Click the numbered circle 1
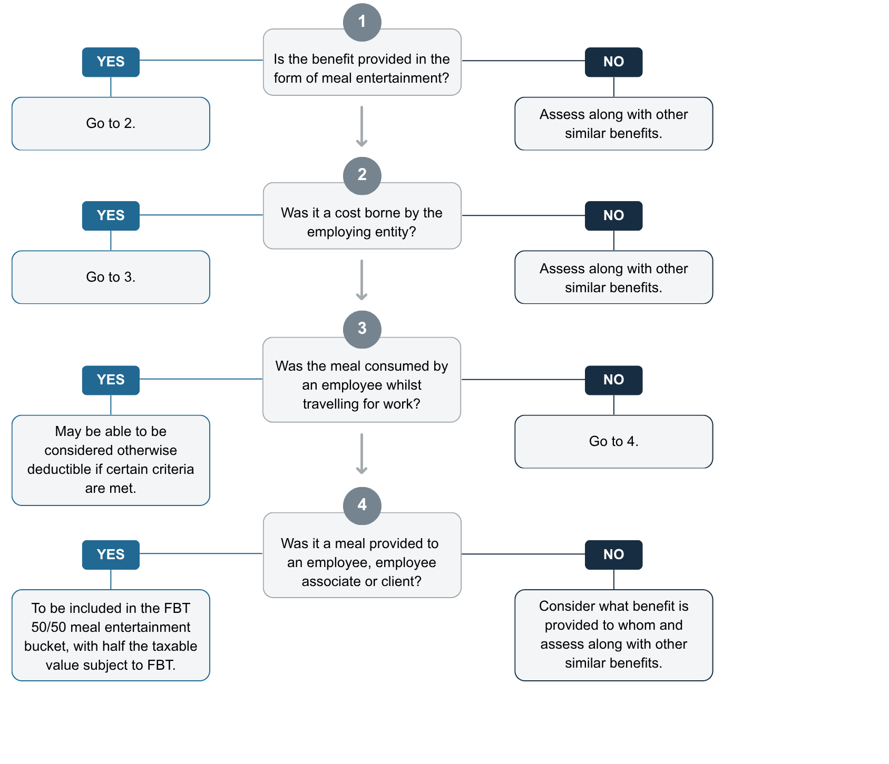[x=362, y=22]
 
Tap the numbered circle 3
[x=362, y=329]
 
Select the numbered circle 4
[x=362, y=505]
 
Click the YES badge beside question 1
[x=111, y=62]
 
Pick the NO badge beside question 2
[x=613, y=216]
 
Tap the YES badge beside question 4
[x=111, y=554]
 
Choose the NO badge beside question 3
[x=613, y=380]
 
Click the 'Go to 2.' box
[x=111, y=124]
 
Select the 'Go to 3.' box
[x=111, y=277]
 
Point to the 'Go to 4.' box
[x=613, y=442]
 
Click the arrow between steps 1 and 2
[x=362, y=126]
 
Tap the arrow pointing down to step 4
[x=362, y=454]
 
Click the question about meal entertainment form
[x=362, y=68]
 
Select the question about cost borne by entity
[x=362, y=222]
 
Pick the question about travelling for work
[x=362, y=385]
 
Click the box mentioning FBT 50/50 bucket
[x=111, y=636]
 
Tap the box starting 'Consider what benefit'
[x=613, y=634]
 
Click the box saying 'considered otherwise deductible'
[x=111, y=460]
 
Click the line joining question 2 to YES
[x=200, y=215]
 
